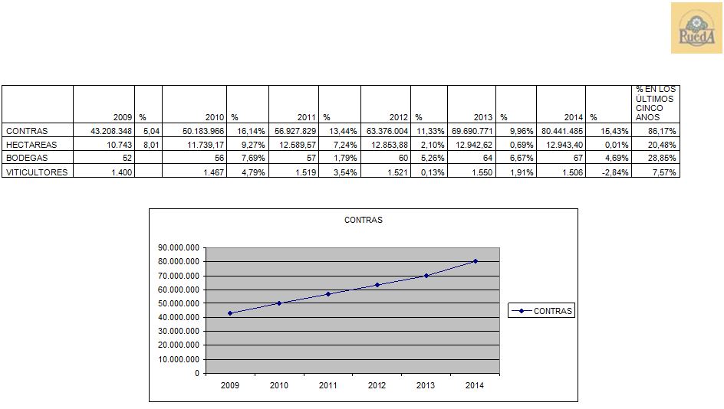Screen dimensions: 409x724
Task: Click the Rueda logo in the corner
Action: (696, 28)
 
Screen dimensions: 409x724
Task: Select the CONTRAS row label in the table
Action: (27, 131)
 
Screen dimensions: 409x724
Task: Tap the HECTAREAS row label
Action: (31, 145)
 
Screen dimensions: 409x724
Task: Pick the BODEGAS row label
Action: (27, 158)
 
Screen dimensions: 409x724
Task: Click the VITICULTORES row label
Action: (36, 172)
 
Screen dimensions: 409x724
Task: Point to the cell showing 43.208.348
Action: (111, 131)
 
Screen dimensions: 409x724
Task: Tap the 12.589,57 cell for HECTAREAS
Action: (295, 145)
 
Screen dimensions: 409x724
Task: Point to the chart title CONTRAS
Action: (364, 220)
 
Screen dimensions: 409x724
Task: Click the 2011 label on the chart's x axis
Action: (328, 385)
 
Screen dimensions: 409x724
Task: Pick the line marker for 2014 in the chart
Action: (476, 261)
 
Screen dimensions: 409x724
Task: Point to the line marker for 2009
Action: (229, 313)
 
